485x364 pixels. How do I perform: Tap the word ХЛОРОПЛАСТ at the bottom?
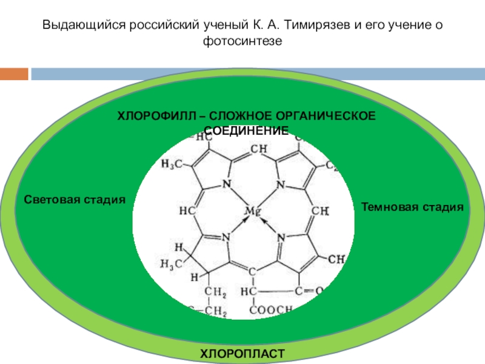tap(242, 353)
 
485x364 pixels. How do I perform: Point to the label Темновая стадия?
tap(412, 207)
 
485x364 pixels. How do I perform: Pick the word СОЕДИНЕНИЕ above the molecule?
tap(245, 130)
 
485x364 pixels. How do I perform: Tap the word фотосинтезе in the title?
tap(242, 41)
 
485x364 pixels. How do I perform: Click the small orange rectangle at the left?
tap(14, 74)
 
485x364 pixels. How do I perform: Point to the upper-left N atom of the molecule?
tap(227, 184)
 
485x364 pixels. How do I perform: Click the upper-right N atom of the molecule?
tap(280, 184)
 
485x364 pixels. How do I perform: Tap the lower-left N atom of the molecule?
tap(226, 237)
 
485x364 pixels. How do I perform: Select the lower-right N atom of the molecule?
tap(281, 237)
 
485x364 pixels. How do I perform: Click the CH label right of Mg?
tap(319, 212)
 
